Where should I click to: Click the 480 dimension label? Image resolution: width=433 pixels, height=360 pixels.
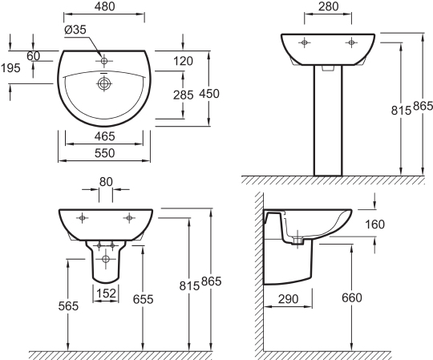105,6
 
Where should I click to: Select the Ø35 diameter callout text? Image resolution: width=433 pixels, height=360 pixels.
75,30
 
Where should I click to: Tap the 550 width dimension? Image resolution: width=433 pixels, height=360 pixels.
104,153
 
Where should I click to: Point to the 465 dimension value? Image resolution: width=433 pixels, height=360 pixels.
104,136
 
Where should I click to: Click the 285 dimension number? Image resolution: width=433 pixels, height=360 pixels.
184,95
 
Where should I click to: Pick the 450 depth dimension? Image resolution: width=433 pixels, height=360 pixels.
209,94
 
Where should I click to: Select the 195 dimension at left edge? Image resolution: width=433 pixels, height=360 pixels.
10,68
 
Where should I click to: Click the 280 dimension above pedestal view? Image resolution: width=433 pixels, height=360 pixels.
328,6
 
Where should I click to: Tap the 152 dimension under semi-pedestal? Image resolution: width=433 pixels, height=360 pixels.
107,293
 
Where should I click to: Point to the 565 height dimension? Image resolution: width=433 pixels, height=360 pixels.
68,306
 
